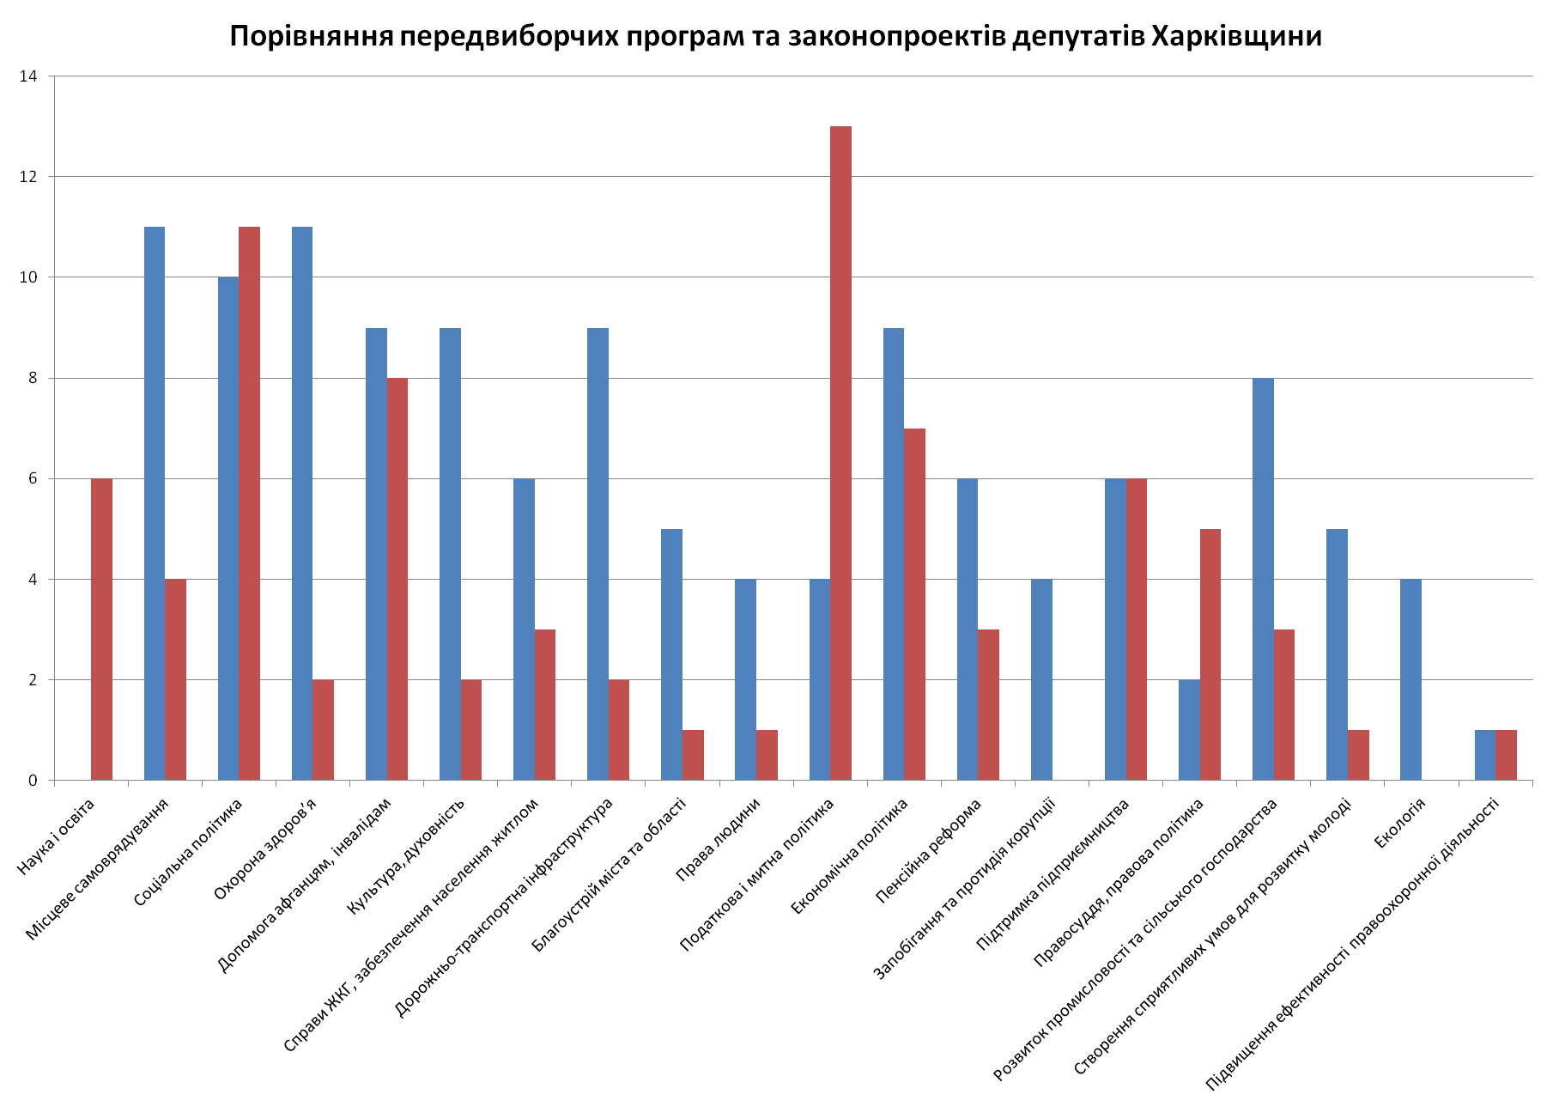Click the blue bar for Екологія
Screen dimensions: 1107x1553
pos(1410,679)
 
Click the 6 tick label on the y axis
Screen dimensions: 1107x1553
pos(33,479)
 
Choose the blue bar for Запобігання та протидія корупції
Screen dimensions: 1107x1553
pos(1041,679)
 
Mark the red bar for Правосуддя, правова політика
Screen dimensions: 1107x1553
pos(1210,654)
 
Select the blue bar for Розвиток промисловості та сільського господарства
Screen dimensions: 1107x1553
pos(1263,579)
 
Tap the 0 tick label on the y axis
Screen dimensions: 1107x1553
pos(33,781)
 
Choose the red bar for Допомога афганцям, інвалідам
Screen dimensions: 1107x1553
pos(397,579)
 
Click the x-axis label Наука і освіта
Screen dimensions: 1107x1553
pos(56,837)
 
